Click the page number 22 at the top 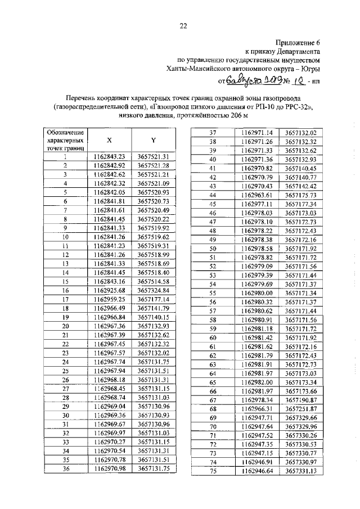coord(183,24)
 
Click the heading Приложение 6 coord(298,42)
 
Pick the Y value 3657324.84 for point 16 coord(154,291)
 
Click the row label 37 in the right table coord(213,132)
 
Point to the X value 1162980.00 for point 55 coord(256,293)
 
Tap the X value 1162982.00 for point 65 coord(256,382)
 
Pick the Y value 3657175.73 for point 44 coord(300,195)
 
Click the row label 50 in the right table coord(213,248)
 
